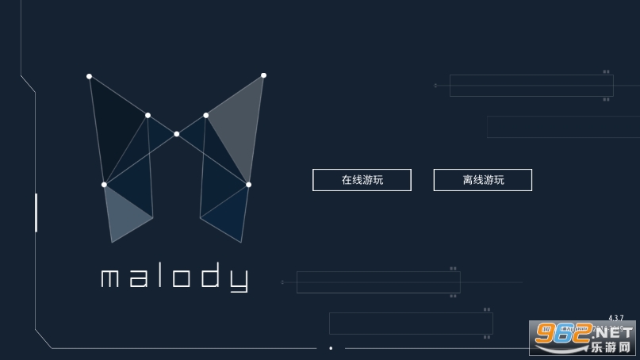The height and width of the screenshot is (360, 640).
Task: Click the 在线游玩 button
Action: [362, 179]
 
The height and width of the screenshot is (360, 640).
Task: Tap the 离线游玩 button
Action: [482, 179]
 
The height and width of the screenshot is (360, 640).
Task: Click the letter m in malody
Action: [109, 278]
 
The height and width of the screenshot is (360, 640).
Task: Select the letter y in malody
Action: [239, 281]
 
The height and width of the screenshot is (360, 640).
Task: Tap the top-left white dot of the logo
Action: [89, 76]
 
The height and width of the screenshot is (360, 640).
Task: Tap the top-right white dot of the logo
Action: [263, 75]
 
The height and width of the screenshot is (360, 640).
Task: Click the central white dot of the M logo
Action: [176, 134]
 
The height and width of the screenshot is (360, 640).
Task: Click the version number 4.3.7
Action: [616, 317]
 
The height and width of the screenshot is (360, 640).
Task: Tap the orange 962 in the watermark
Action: [563, 334]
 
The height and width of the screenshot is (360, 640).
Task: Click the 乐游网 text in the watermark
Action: [611, 347]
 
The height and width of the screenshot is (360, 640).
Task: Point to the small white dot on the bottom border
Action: [331, 348]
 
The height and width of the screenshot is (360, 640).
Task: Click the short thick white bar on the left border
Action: [36, 213]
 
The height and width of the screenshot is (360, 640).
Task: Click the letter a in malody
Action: [139, 278]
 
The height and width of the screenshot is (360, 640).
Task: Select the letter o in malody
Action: [182, 278]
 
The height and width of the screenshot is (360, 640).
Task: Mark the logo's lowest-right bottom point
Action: [241, 243]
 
